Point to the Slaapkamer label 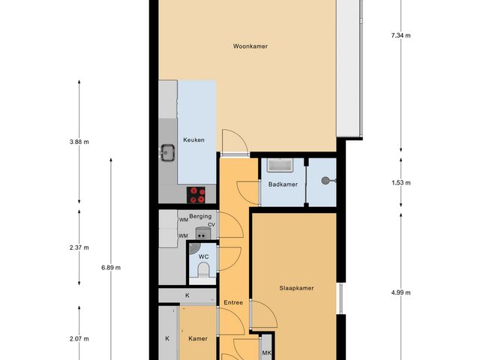coord(295,287)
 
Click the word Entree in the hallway coord(233,303)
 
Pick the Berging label coord(200,217)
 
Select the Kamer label coord(197,338)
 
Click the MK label coord(266,353)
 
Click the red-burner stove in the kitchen coord(197,195)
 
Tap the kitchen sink coord(167,153)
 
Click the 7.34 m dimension coord(401,35)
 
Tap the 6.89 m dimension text coord(111,268)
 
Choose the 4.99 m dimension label coord(401,292)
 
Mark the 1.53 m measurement coord(401,182)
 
